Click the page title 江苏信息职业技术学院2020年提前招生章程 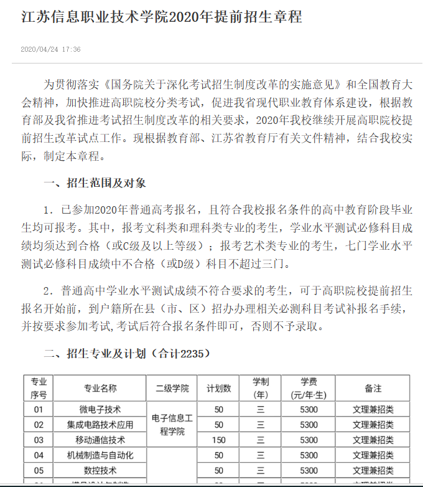tap(161, 17)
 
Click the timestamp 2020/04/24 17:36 tap(50, 49)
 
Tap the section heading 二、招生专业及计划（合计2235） tap(127, 354)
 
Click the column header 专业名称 tap(100, 388)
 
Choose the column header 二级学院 tap(172, 388)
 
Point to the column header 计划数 tap(219, 388)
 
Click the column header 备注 tap(373, 388)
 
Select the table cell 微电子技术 tap(100, 409)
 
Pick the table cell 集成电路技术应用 tap(100, 425)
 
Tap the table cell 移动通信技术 tap(100, 440)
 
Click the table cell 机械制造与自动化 tap(100, 455)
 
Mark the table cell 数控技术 tap(100, 470)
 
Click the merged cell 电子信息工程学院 tap(172, 425)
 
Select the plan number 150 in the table tap(219, 440)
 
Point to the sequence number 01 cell tap(39, 409)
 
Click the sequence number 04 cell tap(39, 455)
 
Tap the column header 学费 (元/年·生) tap(309, 388)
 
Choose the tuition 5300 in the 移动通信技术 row tap(309, 440)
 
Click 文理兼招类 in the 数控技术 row tap(373, 470)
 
